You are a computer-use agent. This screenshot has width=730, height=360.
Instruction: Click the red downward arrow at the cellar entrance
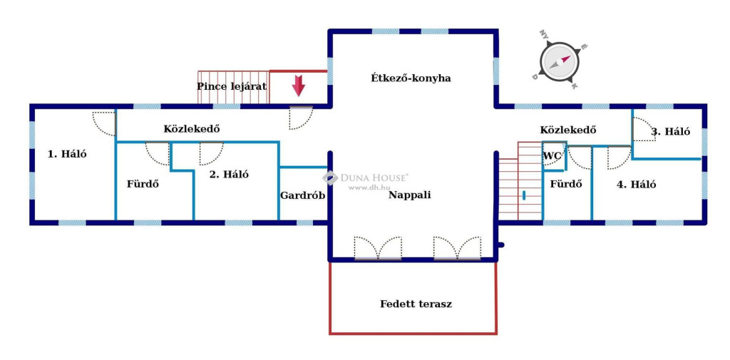(298, 86)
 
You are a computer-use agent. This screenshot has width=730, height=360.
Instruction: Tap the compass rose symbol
(560, 60)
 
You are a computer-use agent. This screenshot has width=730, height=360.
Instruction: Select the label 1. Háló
(67, 153)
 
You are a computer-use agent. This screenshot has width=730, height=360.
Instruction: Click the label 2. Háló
(229, 174)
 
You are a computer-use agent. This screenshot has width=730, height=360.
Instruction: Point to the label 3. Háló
(671, 131)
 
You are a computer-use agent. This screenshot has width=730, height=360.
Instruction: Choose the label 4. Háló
(636, 184)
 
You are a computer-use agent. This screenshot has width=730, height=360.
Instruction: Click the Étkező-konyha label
(411, 78)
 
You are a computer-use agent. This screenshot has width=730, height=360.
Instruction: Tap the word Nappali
(410, 194)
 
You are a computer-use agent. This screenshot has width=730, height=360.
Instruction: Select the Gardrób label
(303, 195)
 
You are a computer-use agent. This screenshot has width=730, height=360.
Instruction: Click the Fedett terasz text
(416, 304)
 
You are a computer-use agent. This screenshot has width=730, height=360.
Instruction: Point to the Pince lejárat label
(232, 86)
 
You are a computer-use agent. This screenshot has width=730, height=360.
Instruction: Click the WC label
(552, 155)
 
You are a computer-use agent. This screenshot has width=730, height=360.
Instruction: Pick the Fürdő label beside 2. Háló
(143, 183)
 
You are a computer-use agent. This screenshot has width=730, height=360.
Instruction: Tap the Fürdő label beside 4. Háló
(567, 184)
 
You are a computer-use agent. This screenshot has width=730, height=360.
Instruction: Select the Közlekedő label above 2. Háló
(191, 129)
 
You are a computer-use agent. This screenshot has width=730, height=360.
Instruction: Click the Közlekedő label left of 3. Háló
(567, 130)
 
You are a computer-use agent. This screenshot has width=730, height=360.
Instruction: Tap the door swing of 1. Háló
(105, 123)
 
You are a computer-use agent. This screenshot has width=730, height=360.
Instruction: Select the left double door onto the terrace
(378, 247)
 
